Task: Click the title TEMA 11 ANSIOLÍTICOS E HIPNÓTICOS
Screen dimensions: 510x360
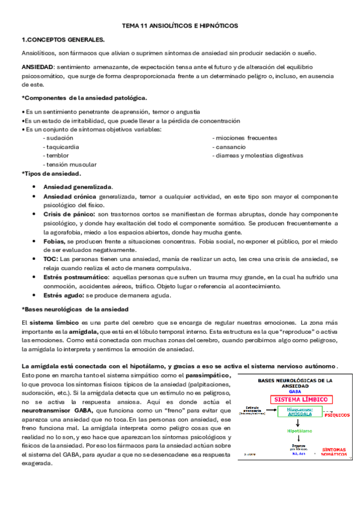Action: click(180, 26)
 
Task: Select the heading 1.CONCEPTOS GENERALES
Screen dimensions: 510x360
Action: click(63, 40)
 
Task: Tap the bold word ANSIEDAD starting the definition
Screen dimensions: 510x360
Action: click(37, 67)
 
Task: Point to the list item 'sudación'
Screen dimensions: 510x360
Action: click(57, 137)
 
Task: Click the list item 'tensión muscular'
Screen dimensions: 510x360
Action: click(69, 164)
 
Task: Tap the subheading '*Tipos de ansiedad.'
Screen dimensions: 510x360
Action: click(51, 174)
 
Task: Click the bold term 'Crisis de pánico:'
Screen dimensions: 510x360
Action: click(69, 214)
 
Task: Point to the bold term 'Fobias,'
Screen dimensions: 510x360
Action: click(56, 241)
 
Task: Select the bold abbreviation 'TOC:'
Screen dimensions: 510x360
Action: click(51, 259)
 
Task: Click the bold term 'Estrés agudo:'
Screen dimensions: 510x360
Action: click(64, 295)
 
